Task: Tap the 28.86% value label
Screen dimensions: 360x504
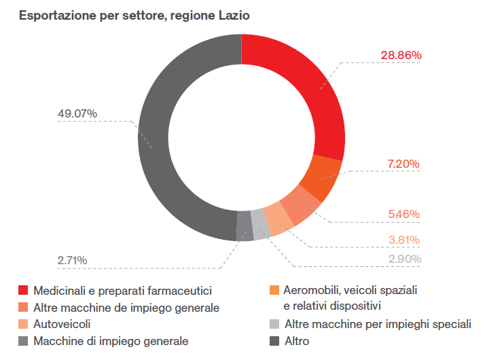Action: tap(401, 54)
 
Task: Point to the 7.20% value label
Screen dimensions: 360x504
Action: tap(403, 164)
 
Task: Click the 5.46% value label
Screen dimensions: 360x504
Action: tap(403, 214)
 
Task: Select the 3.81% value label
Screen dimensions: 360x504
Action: tap(403, 240)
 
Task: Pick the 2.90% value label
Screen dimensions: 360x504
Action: tap(403, 259)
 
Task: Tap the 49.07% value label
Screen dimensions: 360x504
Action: tap(77, 113)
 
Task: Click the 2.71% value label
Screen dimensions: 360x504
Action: tap(73, 260)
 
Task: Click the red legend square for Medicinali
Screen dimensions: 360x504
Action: tap(23, 291)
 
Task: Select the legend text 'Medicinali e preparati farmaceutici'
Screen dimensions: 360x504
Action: tap(123, 291)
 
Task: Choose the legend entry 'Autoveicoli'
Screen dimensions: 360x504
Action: tap(62, 324)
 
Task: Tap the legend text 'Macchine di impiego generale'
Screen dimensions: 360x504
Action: tap(111, 341)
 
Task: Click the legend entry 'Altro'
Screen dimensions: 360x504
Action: tap(296, 341)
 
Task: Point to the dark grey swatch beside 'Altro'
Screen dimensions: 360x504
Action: tap(274, 341)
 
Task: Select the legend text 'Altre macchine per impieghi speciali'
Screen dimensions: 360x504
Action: tap(377, 324)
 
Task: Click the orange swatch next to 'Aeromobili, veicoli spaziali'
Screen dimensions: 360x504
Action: tap(274, 291)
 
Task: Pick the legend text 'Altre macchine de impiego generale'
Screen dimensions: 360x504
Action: tap(126, 308)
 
